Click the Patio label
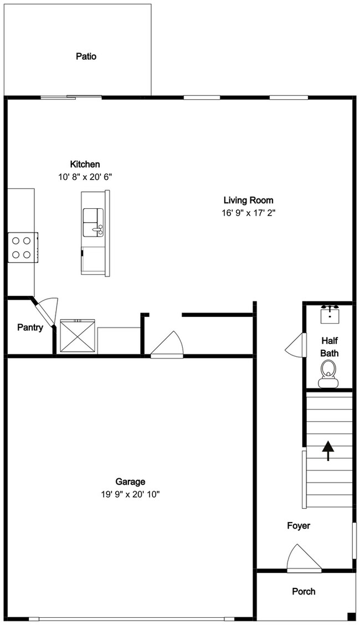click(x=86, y=56)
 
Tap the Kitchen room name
click(x=85, y=164)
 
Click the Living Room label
click(x=248, y=200)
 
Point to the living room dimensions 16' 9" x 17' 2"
click(x=248, y=213)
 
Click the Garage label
click(x=130, y=481)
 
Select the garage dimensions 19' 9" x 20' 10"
click(x=130, y=494)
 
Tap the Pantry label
click(x=30, y=327)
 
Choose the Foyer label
click(x=299, y=525)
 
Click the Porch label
click(x=304, y=591)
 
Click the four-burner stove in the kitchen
click(x=22, y=248)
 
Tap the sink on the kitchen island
click(x=92, y=222)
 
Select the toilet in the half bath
click(x=328, y=373)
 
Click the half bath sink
click(x=330, y=314)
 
